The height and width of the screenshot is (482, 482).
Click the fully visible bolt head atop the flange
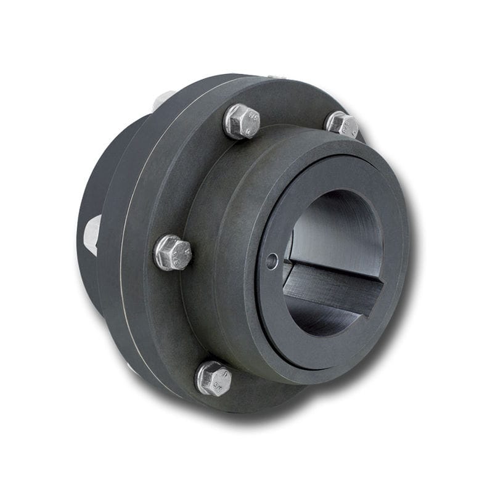pyautogui.click(x=241, y=121)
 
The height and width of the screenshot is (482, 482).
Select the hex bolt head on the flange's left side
pyautogui.click(x=172, y=252)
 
